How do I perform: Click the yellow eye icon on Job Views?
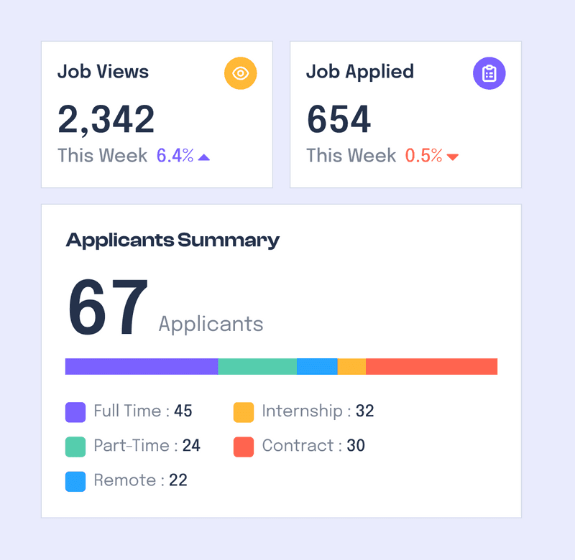coord(241,73)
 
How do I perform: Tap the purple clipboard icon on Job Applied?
coord(489,73)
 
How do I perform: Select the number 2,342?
coord(106,119)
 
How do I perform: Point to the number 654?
coord(339,119)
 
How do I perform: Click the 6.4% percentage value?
coord(175,156)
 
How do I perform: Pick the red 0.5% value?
coord(423,156)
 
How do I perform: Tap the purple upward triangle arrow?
coord(204,157)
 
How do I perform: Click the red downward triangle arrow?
coord(453,157)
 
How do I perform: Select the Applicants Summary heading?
coord(172,240)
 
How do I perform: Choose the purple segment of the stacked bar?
coord(142,366)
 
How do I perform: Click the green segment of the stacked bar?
coord(257,366)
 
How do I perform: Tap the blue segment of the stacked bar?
coord(317,366)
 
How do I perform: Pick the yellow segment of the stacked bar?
coord(351,366)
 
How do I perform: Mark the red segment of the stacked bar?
coord(431,366)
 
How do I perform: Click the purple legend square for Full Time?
coord(75,412)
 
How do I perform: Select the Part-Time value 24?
coord(191,446)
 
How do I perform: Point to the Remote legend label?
coord(124,480)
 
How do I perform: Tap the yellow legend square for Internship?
coord(244,412)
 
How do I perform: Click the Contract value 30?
coord(356,446)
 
